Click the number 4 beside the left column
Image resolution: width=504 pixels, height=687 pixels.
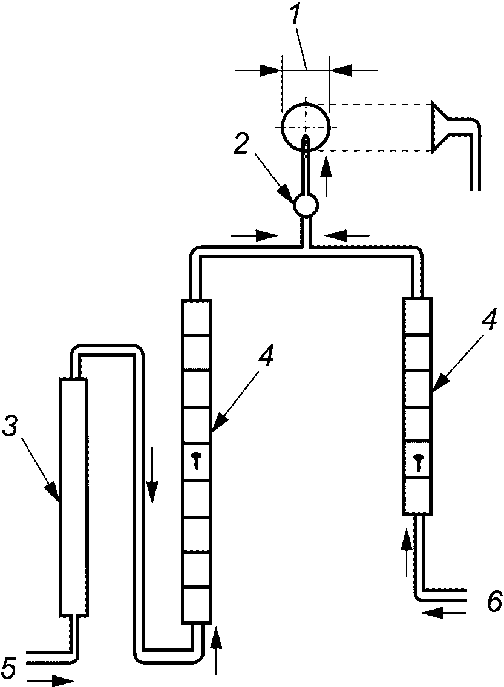tap(266, 359)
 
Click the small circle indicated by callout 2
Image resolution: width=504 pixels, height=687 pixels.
tap(305, 205)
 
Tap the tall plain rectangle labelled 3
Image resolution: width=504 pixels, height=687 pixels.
tap(73, 498)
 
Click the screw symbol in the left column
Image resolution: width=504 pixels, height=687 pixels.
tap(197, 460)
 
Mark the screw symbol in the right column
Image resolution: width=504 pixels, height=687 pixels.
tap(419, 460)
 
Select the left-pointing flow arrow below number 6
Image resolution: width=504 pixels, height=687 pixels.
tap(443, 614)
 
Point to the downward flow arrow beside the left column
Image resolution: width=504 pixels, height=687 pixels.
tap(152, 475)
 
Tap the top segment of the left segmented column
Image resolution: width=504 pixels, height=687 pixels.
tap(196, 318)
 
